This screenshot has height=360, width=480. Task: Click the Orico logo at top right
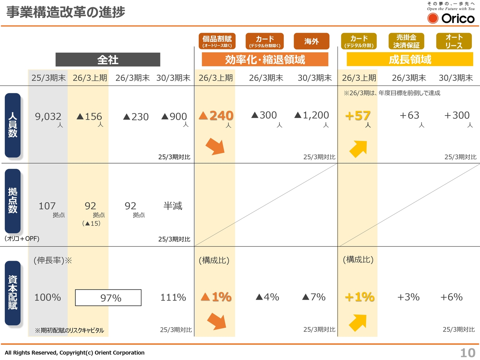tap(451, 18)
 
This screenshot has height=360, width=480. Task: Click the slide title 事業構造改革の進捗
tap(66, 12)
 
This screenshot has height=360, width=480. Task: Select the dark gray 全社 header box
tap(108, 60)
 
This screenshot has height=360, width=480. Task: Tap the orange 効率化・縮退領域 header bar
tap(265, 60)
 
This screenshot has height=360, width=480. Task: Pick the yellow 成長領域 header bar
tap(409, 59)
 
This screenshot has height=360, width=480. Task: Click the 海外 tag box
tap(311, 41)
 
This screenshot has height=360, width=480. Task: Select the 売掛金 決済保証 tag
tap(406, 41)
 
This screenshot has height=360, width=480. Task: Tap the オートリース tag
tap(454, 41)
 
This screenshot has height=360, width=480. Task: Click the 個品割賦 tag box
tap(217, 41)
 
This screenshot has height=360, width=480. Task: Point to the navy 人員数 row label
tap(13, 125)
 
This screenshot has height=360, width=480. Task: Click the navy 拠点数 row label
tap(13, 201)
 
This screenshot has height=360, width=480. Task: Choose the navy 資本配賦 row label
tap(13, 292)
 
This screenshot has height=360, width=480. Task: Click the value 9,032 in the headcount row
tap(48, 117)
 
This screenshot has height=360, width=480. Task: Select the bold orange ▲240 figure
tap(216, 116)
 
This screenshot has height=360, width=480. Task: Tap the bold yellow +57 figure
tap(358, 116)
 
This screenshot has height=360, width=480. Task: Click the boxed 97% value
tap(108, 298)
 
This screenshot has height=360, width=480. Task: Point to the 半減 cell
tap(173, 206)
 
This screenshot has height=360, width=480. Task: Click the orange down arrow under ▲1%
tap(216, 321)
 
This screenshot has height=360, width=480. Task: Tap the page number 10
tap(468, 352)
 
